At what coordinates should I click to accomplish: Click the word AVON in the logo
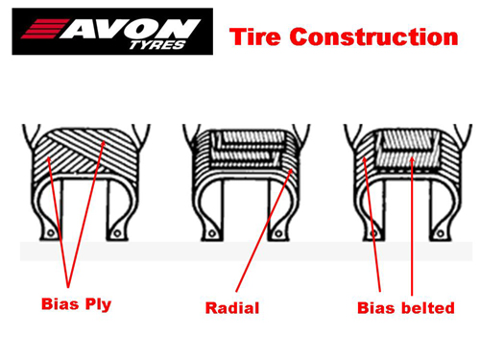pos(131,29)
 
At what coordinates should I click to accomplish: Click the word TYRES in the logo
pos(157,45)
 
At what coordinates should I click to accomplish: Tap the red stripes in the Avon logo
pos(45,29)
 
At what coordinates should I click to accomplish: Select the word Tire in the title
pos(255,36)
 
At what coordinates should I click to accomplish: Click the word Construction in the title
pos(373,36)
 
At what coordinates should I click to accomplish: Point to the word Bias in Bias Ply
pos(60,303)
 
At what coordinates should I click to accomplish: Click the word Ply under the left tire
pos(98,305)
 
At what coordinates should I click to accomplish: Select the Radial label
pos(232,308)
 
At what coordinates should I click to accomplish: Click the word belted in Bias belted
pos(428,308)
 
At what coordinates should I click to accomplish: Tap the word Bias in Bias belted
pos(375,308)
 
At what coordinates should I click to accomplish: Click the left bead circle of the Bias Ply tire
pos(51,233)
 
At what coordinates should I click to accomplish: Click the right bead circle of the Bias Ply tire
pos(117,233)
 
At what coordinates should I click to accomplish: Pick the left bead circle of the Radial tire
pos(211,234)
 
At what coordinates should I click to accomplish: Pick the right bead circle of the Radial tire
pos(278,234)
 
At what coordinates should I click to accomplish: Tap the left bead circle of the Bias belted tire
pos(373,234)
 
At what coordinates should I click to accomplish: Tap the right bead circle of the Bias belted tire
pos(441,234)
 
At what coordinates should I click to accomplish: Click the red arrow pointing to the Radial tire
pos(264,229)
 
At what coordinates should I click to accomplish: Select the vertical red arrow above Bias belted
pos(412,226)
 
